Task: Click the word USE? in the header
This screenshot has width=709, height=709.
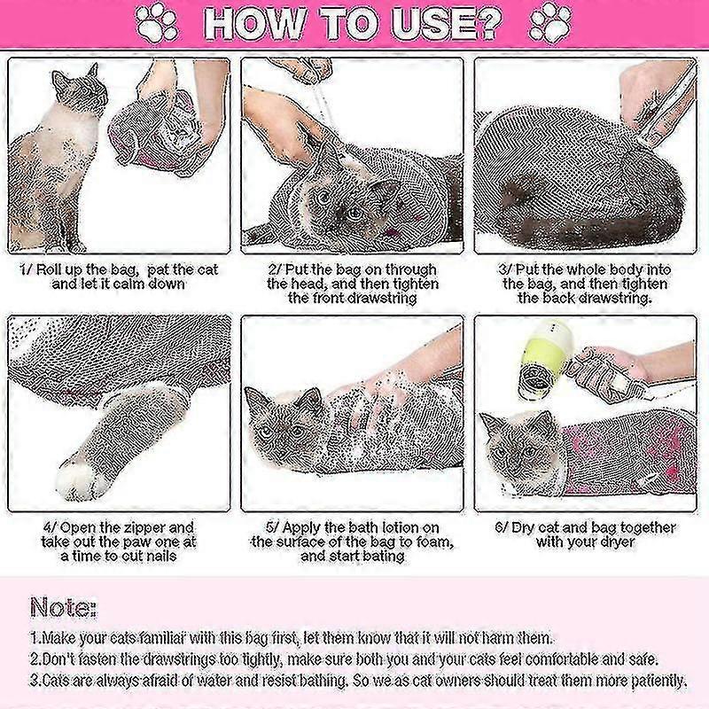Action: [x=447, y=23]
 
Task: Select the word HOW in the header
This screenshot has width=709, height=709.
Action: [x=254, y=23]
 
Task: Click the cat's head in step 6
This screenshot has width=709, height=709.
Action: [x=521, y=447]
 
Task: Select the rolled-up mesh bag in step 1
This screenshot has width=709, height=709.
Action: [x=152, y=132]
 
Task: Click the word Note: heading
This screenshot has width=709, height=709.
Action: [x=63, y=608]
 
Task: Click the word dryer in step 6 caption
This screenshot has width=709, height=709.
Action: [x=615, y=542]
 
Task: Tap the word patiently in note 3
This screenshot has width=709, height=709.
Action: [x=658, y=680]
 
